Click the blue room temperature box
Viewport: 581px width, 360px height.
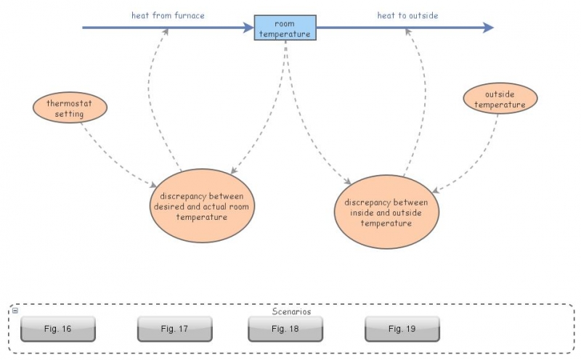pyautogui.click(x=285, y=28)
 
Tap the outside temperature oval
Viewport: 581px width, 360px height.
pyautogui.click(x=500, y=99)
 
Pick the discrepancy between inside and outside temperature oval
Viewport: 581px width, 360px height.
pyautogui.click(x=386, y=212)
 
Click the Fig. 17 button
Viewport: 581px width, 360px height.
pyautogui.click(x=174, y=329)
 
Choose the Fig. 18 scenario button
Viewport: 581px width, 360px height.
pyautogui.click(x=285, y=329)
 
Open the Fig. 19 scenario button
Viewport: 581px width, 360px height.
pyautogui.click(x=402, y=329)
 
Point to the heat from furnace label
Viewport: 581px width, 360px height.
pyautogui.click(x=168, y=15)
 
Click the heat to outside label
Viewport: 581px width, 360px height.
pyautogui.click(x=407, y=15)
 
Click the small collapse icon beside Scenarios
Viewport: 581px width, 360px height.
pyautogui.click(x=15, y=311)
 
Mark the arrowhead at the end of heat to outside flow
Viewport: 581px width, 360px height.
pyautogui.click(x=488, y=28)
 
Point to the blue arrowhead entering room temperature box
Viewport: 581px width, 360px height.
pyautogui.click(x=248, y=28)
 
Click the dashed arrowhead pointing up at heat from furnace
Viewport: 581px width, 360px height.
pyautogui.click(x=166, y=32)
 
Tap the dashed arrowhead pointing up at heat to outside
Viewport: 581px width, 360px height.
pyautogui.click(x=409, y=32)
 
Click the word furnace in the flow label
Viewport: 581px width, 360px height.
pyautogui.click(x=188, y=15)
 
